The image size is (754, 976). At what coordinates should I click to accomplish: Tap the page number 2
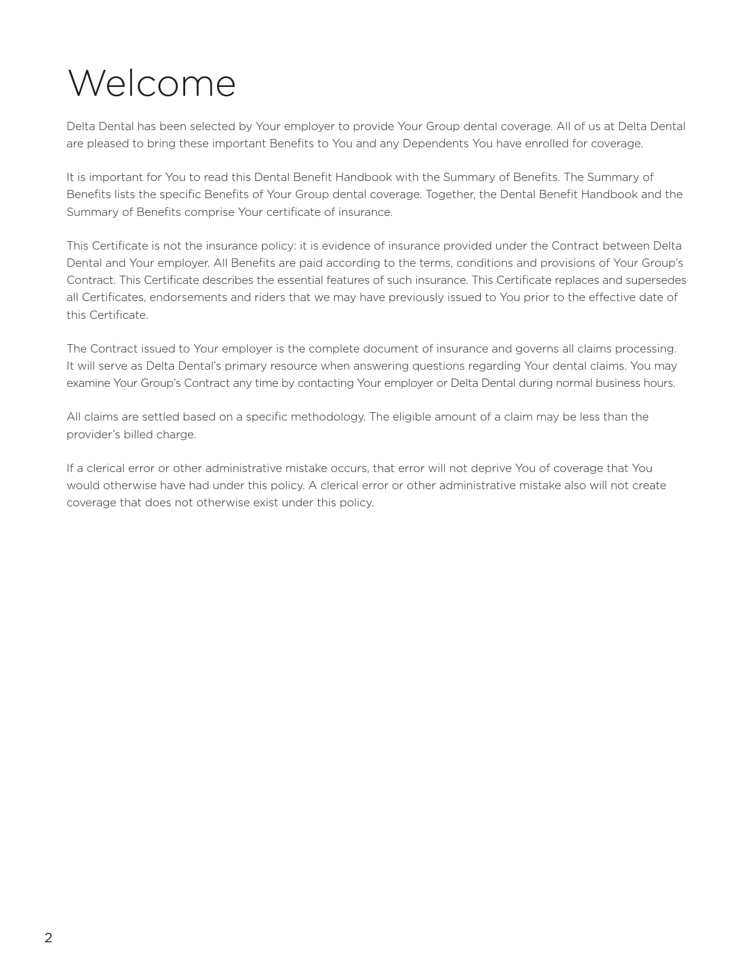[48, 938]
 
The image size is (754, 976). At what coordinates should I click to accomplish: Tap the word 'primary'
[246, 366]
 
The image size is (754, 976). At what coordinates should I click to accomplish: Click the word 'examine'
[88, 383]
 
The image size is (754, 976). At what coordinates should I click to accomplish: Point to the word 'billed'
[138, 435]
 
